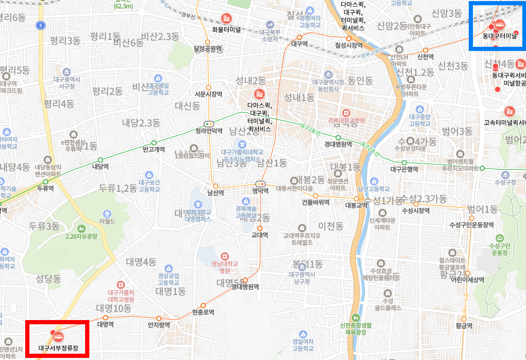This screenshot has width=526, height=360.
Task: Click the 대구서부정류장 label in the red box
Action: (x=58, y=348)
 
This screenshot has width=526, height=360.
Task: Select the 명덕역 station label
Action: (x=260, y=191)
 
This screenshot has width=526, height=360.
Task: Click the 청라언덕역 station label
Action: (x=209, y=131)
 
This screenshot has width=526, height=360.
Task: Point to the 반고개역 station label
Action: (x=154, y=149)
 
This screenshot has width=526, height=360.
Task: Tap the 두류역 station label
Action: (x=46, y=188)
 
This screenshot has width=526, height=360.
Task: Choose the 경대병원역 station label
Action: (x=338, y=144)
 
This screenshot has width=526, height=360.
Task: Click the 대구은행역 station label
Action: (x=404, y=169)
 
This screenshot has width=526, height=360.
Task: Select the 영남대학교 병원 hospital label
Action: (x=224, y=268)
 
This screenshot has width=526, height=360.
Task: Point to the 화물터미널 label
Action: (x=226, y=29)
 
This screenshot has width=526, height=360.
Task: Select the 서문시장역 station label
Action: (x=209, y=95)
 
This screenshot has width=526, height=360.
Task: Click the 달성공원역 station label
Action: (x=208, y=49)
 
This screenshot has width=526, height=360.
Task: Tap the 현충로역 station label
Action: (x=203, y=312)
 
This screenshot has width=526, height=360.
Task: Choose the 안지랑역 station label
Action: (x=159, y=325)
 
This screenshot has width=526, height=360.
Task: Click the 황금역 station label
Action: (x=464, y=326)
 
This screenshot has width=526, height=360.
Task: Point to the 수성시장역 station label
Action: (x=416, y=210)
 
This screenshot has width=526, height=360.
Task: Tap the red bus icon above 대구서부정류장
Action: (x=57, y=336)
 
